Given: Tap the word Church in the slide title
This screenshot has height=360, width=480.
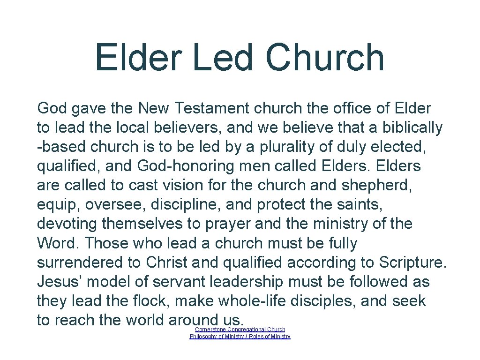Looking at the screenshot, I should [324, 58].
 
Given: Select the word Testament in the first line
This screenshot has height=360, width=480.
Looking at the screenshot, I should [212, 108].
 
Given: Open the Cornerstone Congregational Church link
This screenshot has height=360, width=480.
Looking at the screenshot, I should [240, 330].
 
